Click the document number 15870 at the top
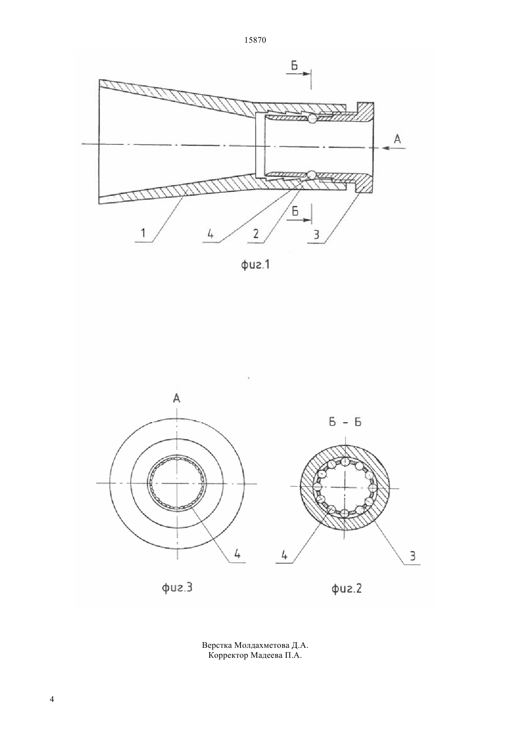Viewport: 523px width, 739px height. (x=255, y=40)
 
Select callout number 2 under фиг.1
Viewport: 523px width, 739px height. (x=256, y=234)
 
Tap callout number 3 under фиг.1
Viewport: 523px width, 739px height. (x=316, y=234)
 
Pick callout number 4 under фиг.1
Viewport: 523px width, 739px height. (x=210, y=234)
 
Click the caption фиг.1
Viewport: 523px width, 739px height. (x=255, y=265)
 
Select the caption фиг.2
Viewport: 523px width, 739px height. (x=346, y=588)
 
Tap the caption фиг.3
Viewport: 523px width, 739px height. (x=177, y=587)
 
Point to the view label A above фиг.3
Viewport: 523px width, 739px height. (x=177, y=399)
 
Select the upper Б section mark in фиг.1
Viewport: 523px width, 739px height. (x=294, y=66)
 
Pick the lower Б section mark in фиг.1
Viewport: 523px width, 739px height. (x=295, y=211)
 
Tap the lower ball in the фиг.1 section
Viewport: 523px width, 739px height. (x=311, y=175)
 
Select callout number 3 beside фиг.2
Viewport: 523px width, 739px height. (x=412, y=557)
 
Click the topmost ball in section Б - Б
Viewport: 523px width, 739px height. (x=345, y=461)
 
